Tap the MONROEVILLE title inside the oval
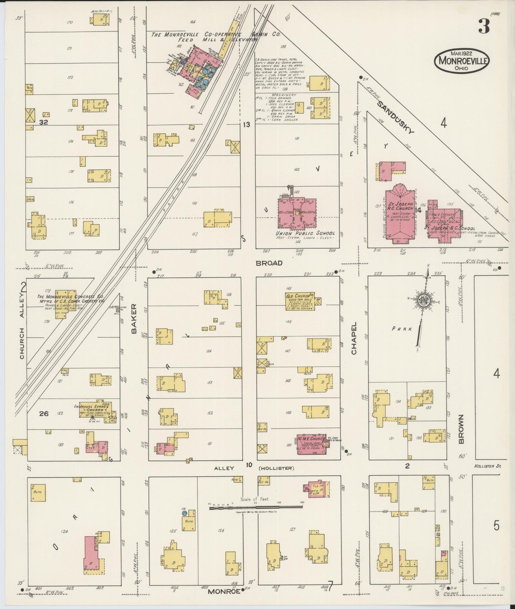point(462,60)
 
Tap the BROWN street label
point(462,429)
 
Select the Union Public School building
point(297,213)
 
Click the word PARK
point(402,329)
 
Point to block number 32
point(43,122)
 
